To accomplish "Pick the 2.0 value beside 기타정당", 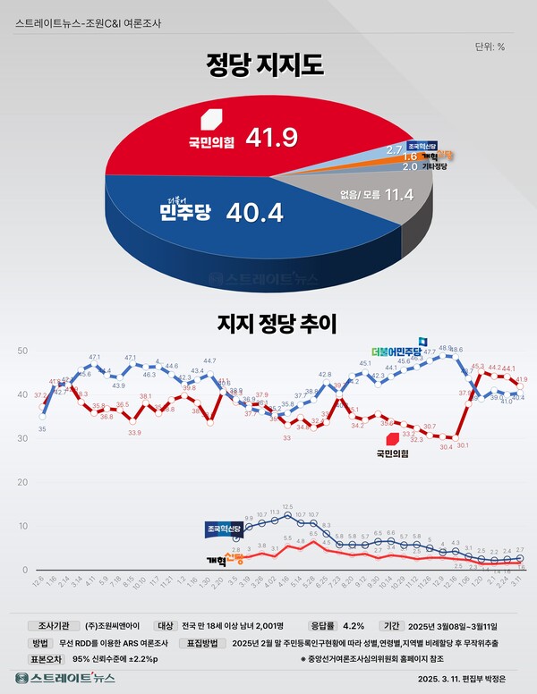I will coord(410,165).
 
